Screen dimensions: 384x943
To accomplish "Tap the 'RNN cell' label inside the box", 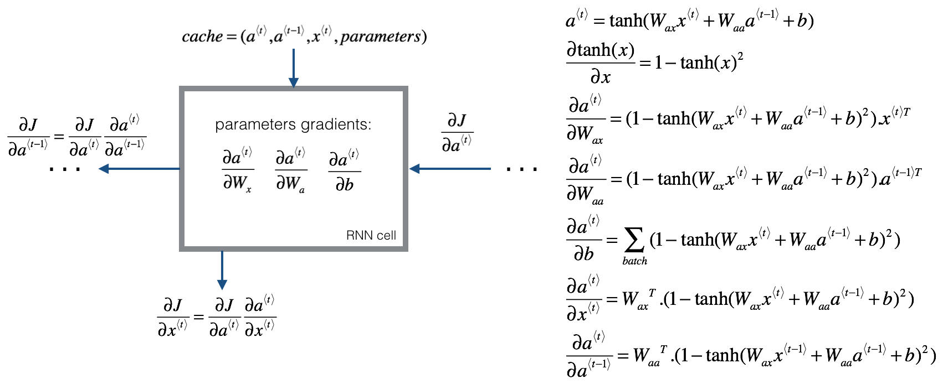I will point(371,235).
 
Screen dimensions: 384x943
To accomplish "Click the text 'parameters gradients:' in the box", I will point(293,124).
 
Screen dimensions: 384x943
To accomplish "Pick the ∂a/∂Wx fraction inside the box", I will point(238,170).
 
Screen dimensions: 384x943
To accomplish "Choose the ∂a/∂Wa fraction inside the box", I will point(291,170).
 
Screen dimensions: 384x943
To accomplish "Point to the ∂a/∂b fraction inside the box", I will point(344,170).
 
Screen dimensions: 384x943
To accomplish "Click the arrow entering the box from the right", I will point(449,169).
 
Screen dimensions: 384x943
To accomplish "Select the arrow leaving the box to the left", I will point(139,169).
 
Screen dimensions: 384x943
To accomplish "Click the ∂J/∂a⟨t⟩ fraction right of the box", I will point(457,133).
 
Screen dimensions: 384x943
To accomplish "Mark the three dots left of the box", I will point(65,169).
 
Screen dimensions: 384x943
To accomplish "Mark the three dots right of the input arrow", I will point(521,169).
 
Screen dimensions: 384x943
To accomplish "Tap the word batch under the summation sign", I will point(634,261).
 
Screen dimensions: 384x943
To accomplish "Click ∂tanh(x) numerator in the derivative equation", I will point(601,51).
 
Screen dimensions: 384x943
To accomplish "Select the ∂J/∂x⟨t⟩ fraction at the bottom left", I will point(173,318).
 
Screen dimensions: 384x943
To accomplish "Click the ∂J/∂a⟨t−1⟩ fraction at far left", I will point(28,137).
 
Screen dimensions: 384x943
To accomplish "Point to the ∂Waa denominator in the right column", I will point(586,194).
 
